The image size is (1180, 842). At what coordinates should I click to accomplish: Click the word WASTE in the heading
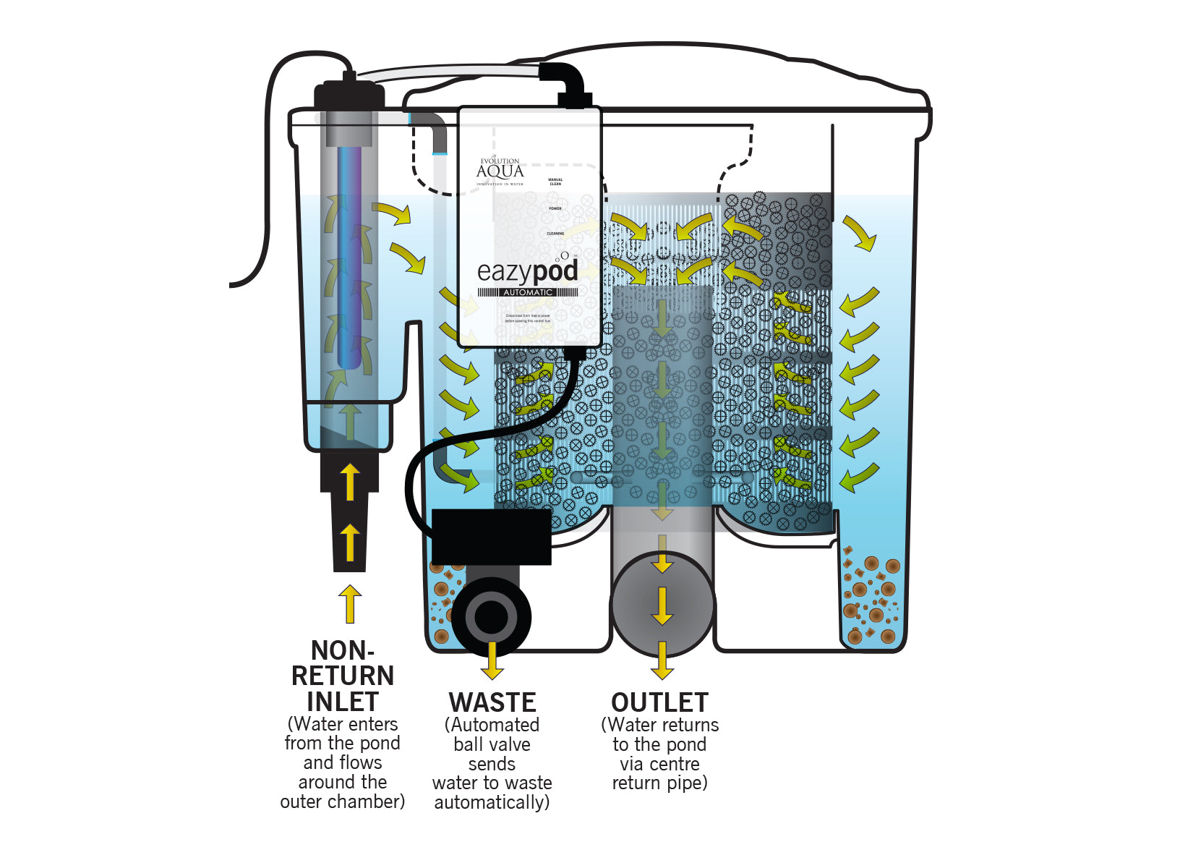click(x=492, y=702)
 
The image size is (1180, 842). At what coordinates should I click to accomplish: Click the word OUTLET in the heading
click(x=659, y=702)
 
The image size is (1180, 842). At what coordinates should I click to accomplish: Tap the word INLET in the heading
click(x=342, y=702)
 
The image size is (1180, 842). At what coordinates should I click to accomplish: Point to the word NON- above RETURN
click(x=342, y=650)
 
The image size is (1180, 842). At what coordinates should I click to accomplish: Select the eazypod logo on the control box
click(x=527, y=271)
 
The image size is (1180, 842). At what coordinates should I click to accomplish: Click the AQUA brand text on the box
click(x=500, y=171)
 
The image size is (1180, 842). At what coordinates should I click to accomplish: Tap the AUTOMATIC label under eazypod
click(x=528, y=292)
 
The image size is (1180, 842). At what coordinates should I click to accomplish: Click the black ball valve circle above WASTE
click(x=492, y=617)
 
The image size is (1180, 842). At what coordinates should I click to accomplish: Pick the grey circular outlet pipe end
click(x=662, y=605)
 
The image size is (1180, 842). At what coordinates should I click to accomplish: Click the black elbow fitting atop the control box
click(x=568, y=83)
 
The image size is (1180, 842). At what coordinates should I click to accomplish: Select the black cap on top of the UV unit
click(x=349, y=95)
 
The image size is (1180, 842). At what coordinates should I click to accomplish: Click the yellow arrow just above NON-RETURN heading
click(x=350, y=604)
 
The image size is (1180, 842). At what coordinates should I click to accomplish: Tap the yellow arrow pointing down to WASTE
click(x=492, y=660)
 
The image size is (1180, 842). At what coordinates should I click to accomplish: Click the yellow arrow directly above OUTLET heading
click(x=662, y=660)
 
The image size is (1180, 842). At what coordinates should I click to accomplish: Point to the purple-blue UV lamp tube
click(x=350, y=253)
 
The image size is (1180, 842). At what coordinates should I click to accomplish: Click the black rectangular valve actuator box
click(x=492, y=536)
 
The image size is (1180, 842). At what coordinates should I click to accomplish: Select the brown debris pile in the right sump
click(x=871, y=600)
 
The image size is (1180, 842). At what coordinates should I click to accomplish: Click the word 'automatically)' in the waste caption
click(x=492, y=802)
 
